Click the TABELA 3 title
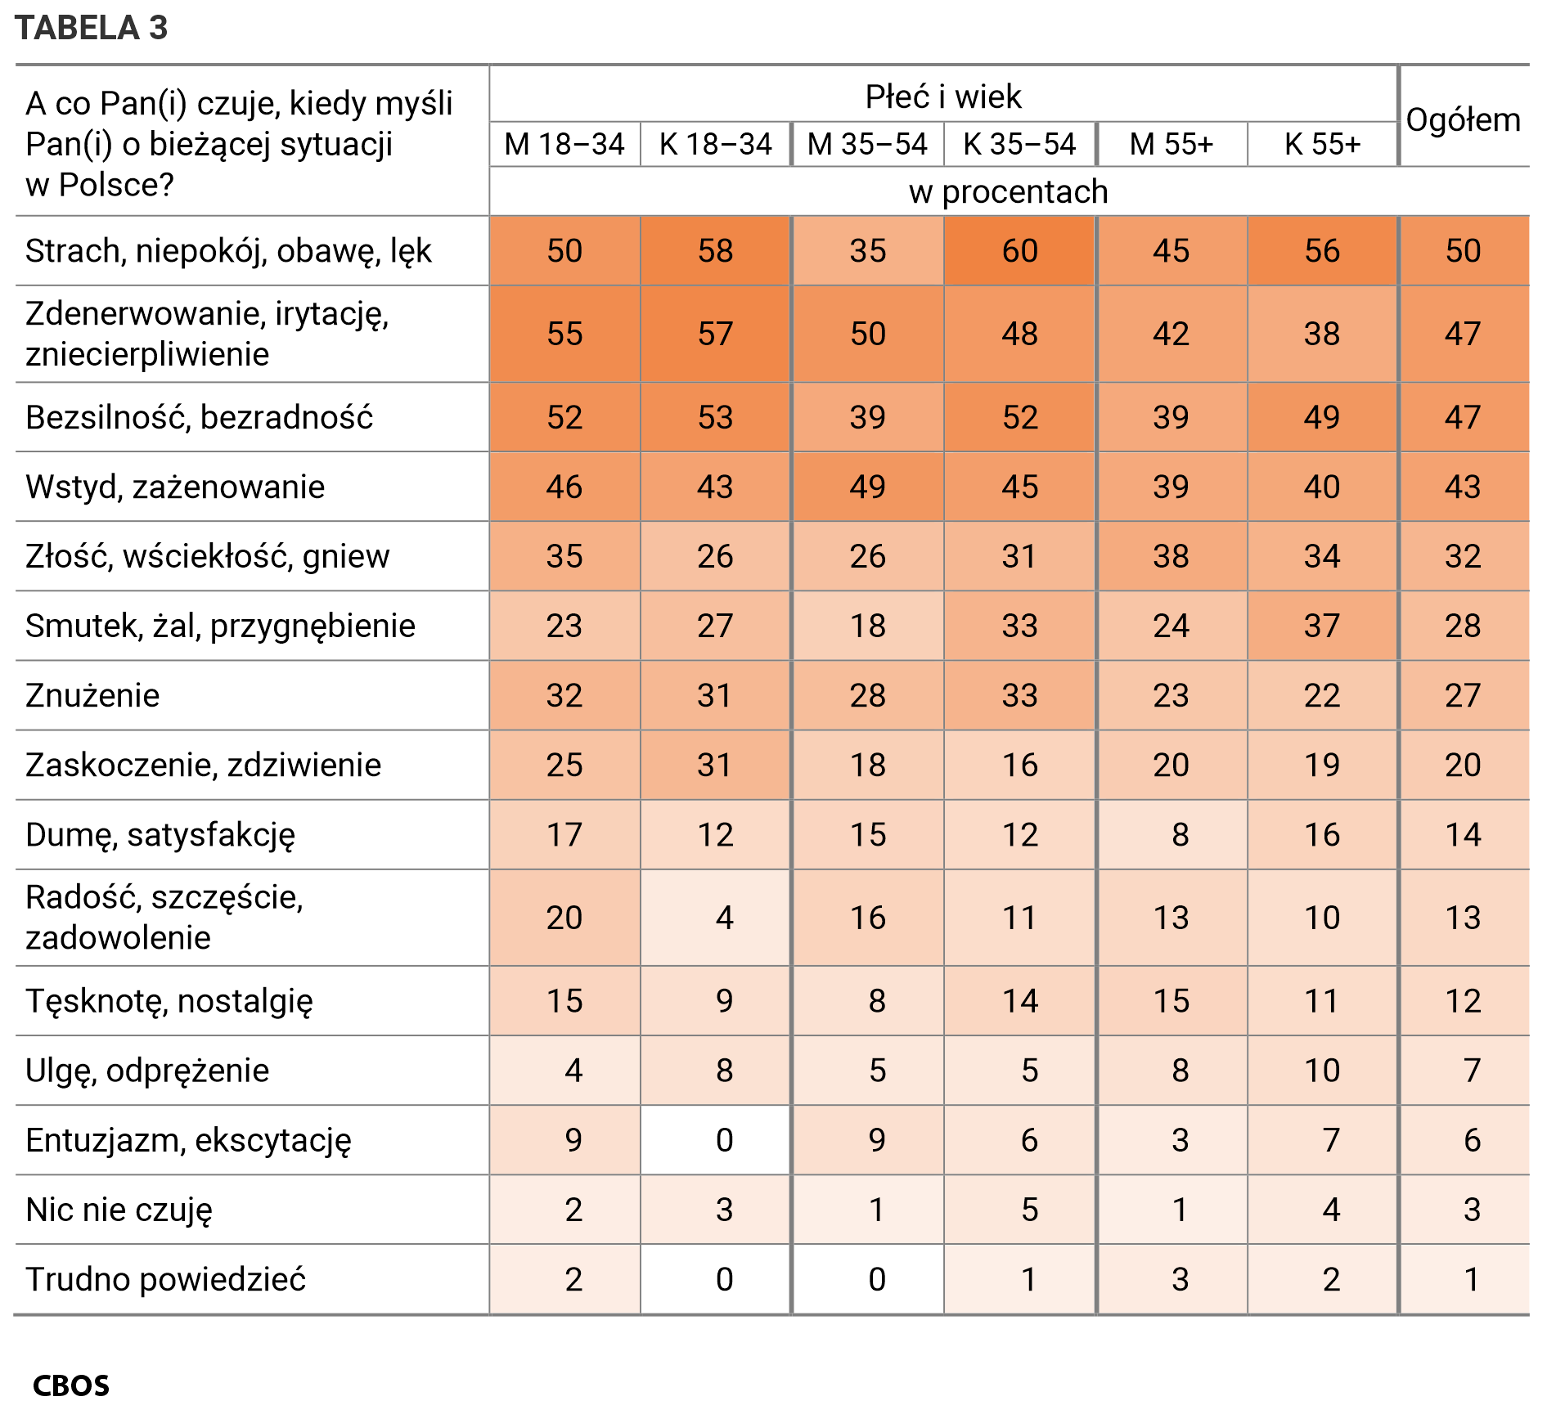pyautogui.click(x=91, y=28)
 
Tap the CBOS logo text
pyautogui.click(x=71, y=1385)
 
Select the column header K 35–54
pyautogui.click(x=1019, y=145)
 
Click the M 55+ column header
pyautogui.click(x=1171, y=145)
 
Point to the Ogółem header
pyautogui.click(x=1463, y=120)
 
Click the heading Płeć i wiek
pyautogui.click(x=943, y=97)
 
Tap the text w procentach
pyautogui.click(x=1008, y=192)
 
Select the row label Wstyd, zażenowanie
pyautogui.click(x=175, y=487)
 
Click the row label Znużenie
pyautogui.click(x=92, y=695)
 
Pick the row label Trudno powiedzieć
pyautogui.click(x=165, y=1279)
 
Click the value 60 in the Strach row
pyautogui.click(x=1019, y=251)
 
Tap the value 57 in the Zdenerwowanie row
pyautogui.click(x=715, y=334)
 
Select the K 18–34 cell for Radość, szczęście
pyautogui.click(x=723, y=918)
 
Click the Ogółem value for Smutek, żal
pyautogui.click(x=1463, y=626)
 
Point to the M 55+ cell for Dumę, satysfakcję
pyautogui.click(x=1179, y=834)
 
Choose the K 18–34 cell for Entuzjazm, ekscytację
pyautogui.click(x=723, y=1140)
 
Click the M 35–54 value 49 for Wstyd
pyautogui.click(x=867, y=487)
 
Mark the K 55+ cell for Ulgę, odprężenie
pyautogui.click(x=1322, y=1071)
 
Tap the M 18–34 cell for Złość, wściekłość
pyautogui.click(x=564, y=556)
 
